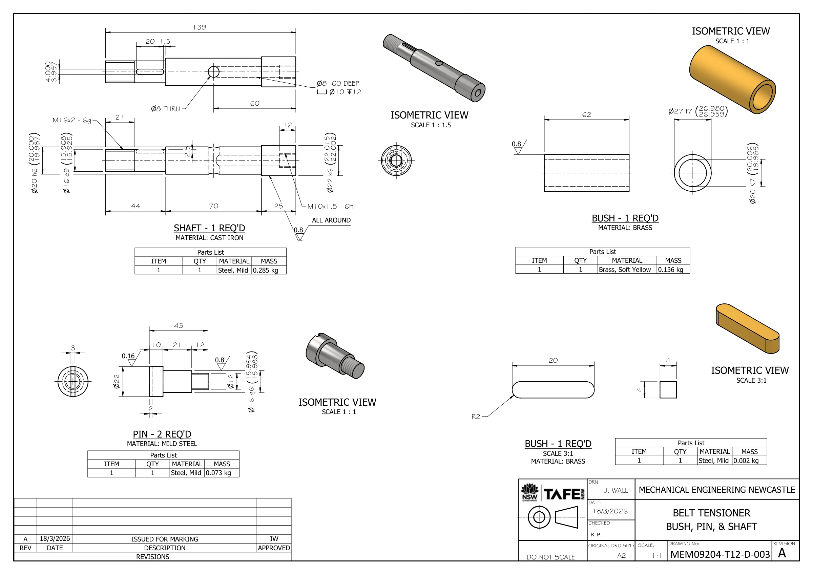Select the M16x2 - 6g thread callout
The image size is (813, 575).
tap(72, 120)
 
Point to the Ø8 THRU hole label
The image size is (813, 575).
tap(166, 109)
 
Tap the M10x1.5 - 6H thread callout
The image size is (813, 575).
tap(330, 207)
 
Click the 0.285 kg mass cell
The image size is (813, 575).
tap(266, 271)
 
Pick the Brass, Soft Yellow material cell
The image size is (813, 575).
tap(625, 270)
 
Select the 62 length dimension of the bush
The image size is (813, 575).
tap(587, 115)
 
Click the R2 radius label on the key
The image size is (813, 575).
tap(476, 417)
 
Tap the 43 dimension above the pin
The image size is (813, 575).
tap(179, 325)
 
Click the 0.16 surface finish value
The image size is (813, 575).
tap(128, 356)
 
